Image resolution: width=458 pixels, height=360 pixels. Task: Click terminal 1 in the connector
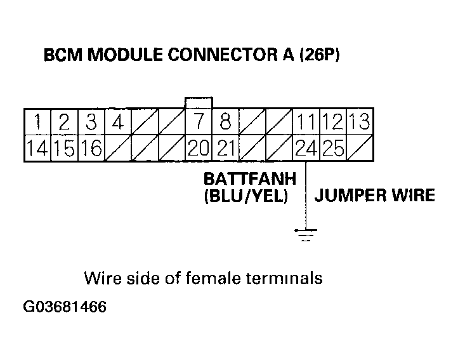pyautogui.click(x=38, y=121)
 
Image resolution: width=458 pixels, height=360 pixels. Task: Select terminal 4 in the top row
pyautogui.click(x=118, y=121)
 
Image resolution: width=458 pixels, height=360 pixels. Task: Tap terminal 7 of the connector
pyautogui.click(x=199, y=121)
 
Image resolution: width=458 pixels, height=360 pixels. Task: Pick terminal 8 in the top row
pyautogui.click(x=225, y=121)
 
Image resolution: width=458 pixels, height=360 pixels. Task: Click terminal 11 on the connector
pyautogui.click(x=306, y=121)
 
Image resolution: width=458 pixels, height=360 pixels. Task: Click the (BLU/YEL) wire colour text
pyautogui.click(x=245, y=196)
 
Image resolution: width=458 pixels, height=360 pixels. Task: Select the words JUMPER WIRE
pyautogui.click(x=375, y=195)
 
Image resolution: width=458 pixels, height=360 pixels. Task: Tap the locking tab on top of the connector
pyautogui.click(x=198, y=103)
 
